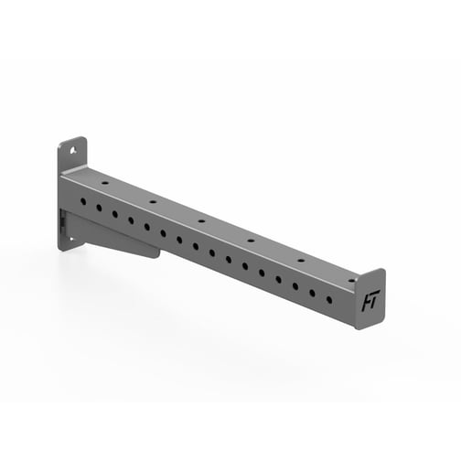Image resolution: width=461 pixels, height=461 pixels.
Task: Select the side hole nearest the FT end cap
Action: click(x=328, y=299)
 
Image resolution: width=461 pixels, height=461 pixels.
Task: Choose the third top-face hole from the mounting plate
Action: click(x=201, y=220)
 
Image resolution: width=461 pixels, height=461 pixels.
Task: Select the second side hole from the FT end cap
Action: click(x=312, y=293)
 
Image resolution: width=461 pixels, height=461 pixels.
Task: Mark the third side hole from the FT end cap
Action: click(x=295, y=286)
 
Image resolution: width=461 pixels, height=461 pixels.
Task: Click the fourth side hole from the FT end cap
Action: click(x=279, y=280)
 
